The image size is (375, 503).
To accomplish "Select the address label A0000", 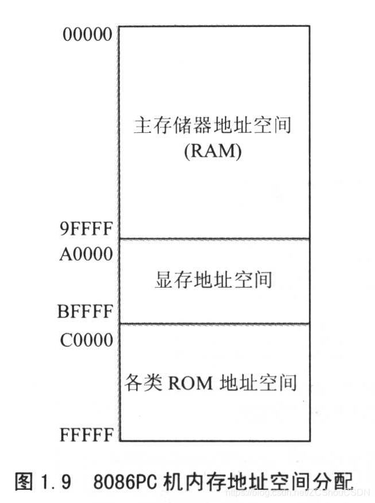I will tap(86, 253).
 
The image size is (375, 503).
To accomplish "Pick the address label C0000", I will tap(86, 340).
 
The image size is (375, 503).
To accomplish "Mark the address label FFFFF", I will tap(86, 435).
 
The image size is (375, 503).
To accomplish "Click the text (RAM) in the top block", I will tap(213, 152).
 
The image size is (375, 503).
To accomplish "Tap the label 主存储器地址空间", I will tap(213, 125).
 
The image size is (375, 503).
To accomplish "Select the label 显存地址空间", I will tap(213, 280).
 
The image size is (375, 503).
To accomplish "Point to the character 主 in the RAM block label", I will tap(142, 125).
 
